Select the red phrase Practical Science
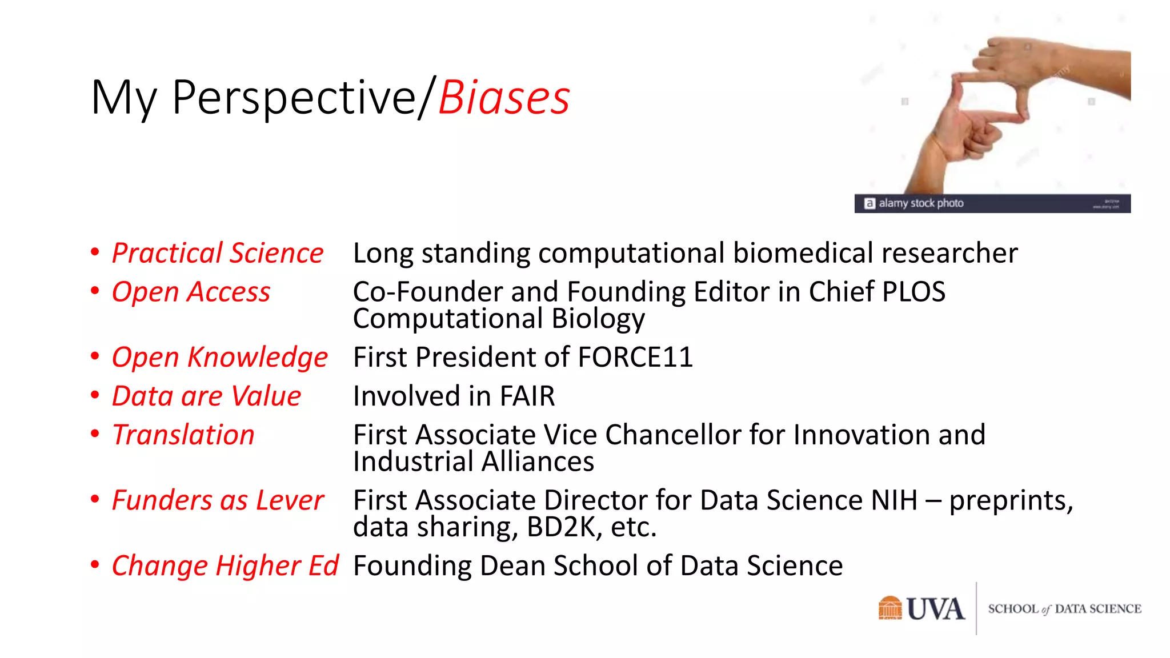click(x=218, y=253)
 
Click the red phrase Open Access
click(x=191, y=292)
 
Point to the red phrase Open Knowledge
click(x=220, y=358)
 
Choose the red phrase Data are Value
click(x=206, y=396)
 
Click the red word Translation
click(x=183, y=435)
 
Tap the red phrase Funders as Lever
click(x=218, y=500)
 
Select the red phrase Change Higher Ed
click(x=225, y=565)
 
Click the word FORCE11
click(x=635, y=358)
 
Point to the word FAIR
click(x=527, y=396)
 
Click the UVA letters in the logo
click(x=935, y=609)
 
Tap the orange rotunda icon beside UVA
click(x=889, y=608)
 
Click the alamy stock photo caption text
click(x=920, y=203)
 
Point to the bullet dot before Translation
click(x=95, y=434)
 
